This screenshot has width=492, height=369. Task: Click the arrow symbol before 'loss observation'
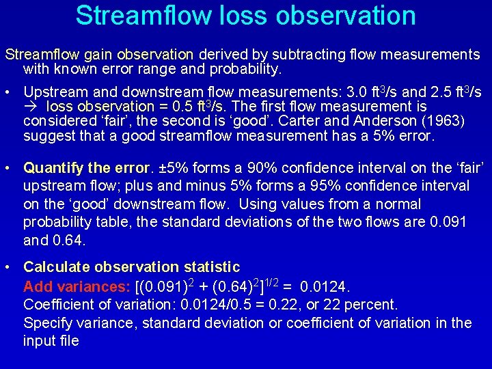pyautogui.click(x=32, y=107)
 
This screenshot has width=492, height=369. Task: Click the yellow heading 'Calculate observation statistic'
pyautogui.click(x=131, y=267)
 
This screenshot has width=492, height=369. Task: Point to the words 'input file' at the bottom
pyautogui.click(x=51, y=341)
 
